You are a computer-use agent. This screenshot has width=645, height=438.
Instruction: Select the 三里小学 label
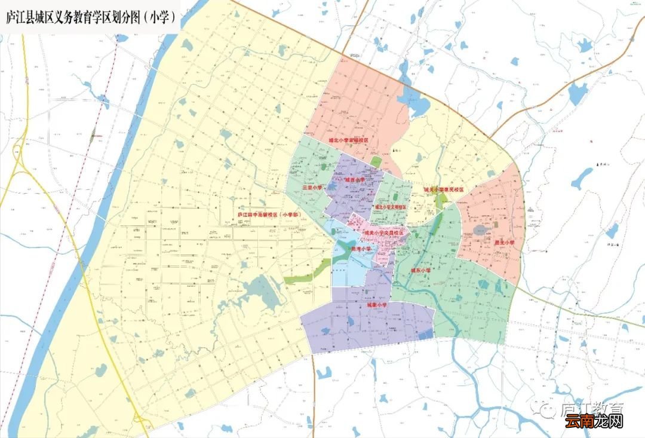click(312, 187)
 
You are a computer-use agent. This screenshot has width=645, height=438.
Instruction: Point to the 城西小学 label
click(355, 180)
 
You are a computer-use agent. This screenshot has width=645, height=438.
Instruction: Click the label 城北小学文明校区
click(391, 207)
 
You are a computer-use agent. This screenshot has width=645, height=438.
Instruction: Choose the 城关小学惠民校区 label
click(444, 189)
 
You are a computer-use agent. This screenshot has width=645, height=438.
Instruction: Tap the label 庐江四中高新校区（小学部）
click(268, 215)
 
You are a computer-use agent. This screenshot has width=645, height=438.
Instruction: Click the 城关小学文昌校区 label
click(383, 232)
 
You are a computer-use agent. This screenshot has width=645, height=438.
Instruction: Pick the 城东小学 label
click(420, 271)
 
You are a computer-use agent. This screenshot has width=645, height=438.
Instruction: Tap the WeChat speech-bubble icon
click(546, 408)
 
